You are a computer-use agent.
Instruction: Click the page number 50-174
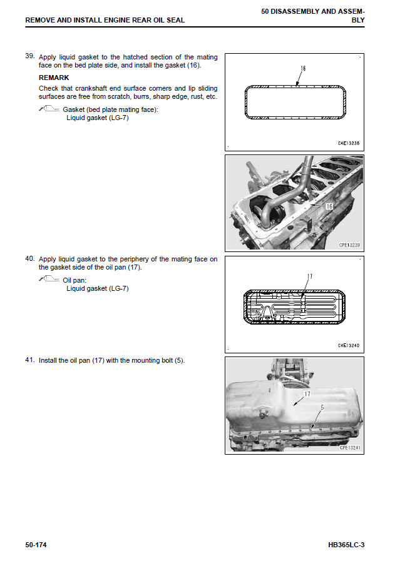[36, 545]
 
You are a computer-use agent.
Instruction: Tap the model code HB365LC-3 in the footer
[346, 545]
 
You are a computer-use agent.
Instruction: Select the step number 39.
[29, 56]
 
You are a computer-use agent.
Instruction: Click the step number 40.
[29, 258]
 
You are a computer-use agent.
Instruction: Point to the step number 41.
[29, 360]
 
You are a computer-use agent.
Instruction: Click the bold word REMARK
[54, 78]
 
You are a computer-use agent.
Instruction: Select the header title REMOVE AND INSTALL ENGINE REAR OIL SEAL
[105, 20]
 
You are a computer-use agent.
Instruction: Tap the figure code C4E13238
[349, 143]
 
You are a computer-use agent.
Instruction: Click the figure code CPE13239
[351, 245]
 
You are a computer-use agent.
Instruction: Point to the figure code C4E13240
[349, 345]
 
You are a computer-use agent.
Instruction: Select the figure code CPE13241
[351, 448]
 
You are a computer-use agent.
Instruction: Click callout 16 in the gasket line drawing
[302, 68]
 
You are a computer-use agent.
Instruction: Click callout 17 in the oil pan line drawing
[309, 276]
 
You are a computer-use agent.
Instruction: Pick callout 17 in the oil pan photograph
[307, 395]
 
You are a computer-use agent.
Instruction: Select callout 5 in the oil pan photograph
[322, 407]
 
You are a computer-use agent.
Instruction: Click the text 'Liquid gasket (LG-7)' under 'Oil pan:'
[98, 288]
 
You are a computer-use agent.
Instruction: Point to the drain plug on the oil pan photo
[262, 412]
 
